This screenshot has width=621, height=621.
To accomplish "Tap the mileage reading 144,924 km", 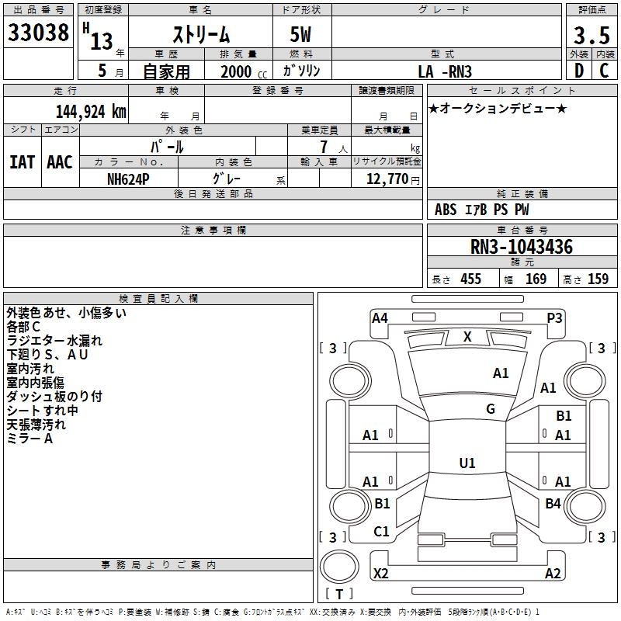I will point(91,111).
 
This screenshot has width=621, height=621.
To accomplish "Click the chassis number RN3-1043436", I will point(522,247).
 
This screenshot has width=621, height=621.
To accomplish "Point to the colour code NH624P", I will point(129,178).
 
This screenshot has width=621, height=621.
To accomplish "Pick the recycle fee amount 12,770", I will point(387,178).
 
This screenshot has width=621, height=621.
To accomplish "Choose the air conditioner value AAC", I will point(60,161).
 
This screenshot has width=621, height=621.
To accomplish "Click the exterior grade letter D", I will point(578,71).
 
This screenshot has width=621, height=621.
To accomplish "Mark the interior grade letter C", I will point(604,71).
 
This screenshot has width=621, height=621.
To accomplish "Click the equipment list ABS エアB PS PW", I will point(482,209).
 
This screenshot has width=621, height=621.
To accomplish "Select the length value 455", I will point(470,279).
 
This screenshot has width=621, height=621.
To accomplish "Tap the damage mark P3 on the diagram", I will point(554,317).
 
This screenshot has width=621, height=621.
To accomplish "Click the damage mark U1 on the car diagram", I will point(467,463).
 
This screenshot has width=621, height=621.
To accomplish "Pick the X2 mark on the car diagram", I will point(381,574).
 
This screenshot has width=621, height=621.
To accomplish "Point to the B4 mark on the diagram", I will point(553,504).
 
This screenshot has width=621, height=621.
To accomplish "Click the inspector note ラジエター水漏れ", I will point(54,341).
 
